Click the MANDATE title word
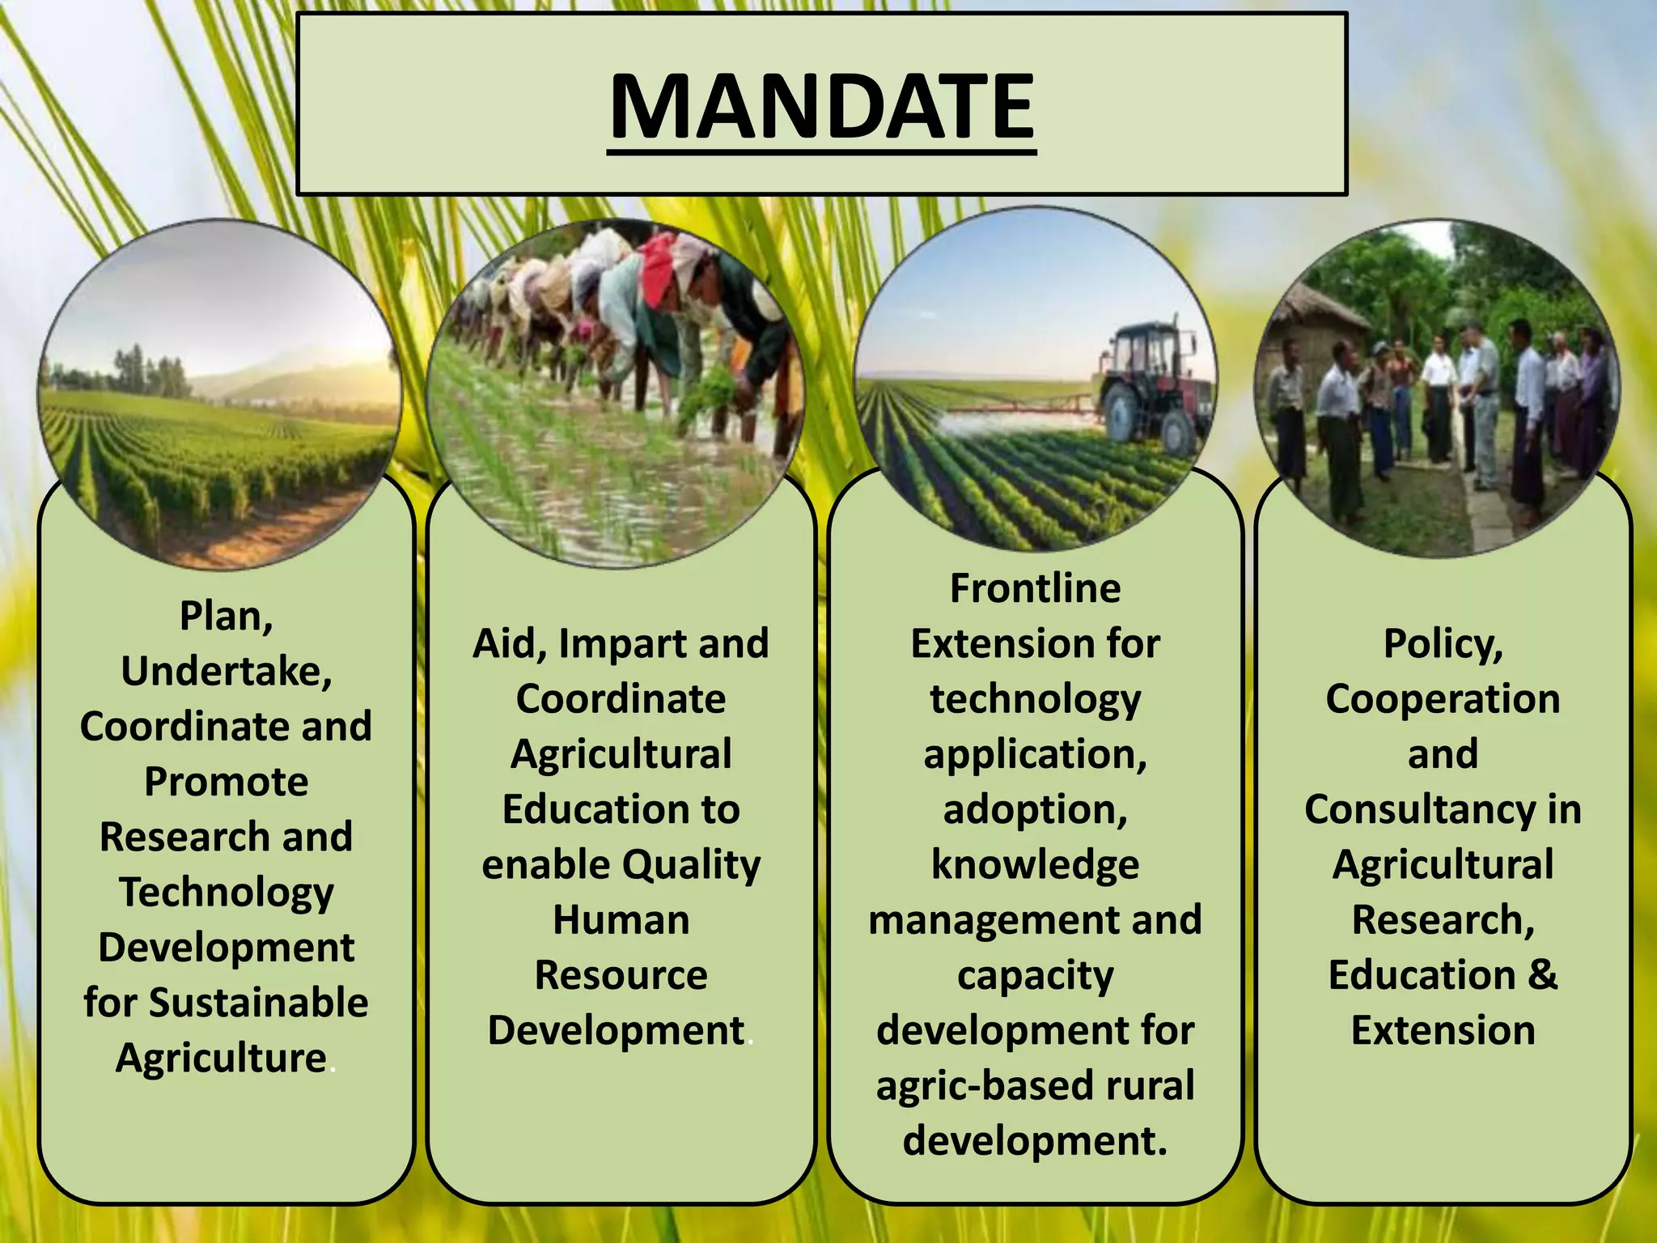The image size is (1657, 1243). [821, 107]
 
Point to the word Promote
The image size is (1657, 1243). [227, 782]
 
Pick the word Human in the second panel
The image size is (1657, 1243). [621, 920]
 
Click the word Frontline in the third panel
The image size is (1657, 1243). [1035, 588]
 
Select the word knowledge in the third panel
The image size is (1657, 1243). [1035, 865]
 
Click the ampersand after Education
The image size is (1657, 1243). [1543, 975]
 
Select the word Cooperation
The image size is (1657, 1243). [1443, 699]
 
